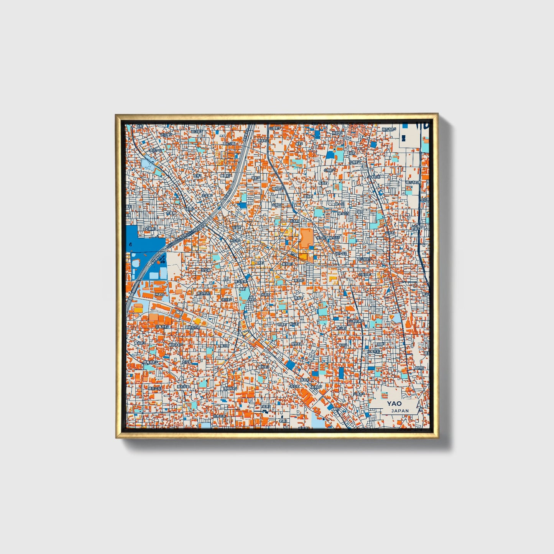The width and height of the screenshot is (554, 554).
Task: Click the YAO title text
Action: point(394,403)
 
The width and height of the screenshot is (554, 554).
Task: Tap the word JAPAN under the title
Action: point(400,411)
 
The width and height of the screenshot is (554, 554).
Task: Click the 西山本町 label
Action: point(363,260)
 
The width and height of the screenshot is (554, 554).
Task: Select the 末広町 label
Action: point(235,240)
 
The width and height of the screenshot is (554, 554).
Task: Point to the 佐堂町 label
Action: point(237,227)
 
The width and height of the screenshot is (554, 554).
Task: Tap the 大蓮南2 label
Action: point(150,229)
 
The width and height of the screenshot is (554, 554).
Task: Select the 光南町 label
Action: point(266,294)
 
